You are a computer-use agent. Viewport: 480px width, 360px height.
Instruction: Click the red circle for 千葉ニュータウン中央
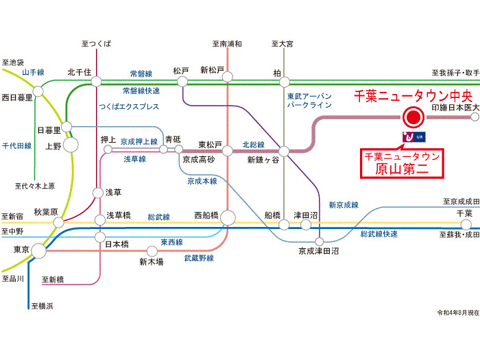point(413,119)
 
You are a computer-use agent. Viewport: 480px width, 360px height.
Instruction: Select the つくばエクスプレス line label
point(129,107)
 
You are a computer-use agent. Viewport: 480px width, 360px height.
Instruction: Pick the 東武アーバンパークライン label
point(309,101)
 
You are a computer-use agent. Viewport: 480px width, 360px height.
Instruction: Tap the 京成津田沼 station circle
point(319,241)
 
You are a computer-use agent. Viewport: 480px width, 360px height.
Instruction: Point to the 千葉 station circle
point(466,225)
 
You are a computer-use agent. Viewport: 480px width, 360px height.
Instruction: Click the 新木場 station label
point(151,261)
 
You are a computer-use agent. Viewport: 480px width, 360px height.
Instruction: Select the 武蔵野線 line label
point(199,258)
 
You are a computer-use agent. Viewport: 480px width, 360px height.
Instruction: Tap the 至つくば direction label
point(95,44)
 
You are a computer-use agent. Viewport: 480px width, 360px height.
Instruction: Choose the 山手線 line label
point(32,73)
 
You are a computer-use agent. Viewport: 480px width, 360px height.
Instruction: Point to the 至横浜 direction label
point(41,306)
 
